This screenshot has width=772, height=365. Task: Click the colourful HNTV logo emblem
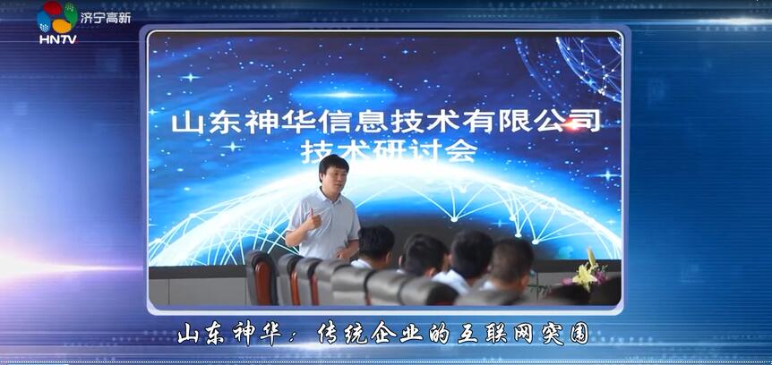57,17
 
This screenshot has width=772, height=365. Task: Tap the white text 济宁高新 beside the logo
105,17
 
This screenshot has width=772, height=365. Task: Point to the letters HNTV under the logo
57,38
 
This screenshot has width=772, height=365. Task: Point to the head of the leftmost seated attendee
375,242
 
